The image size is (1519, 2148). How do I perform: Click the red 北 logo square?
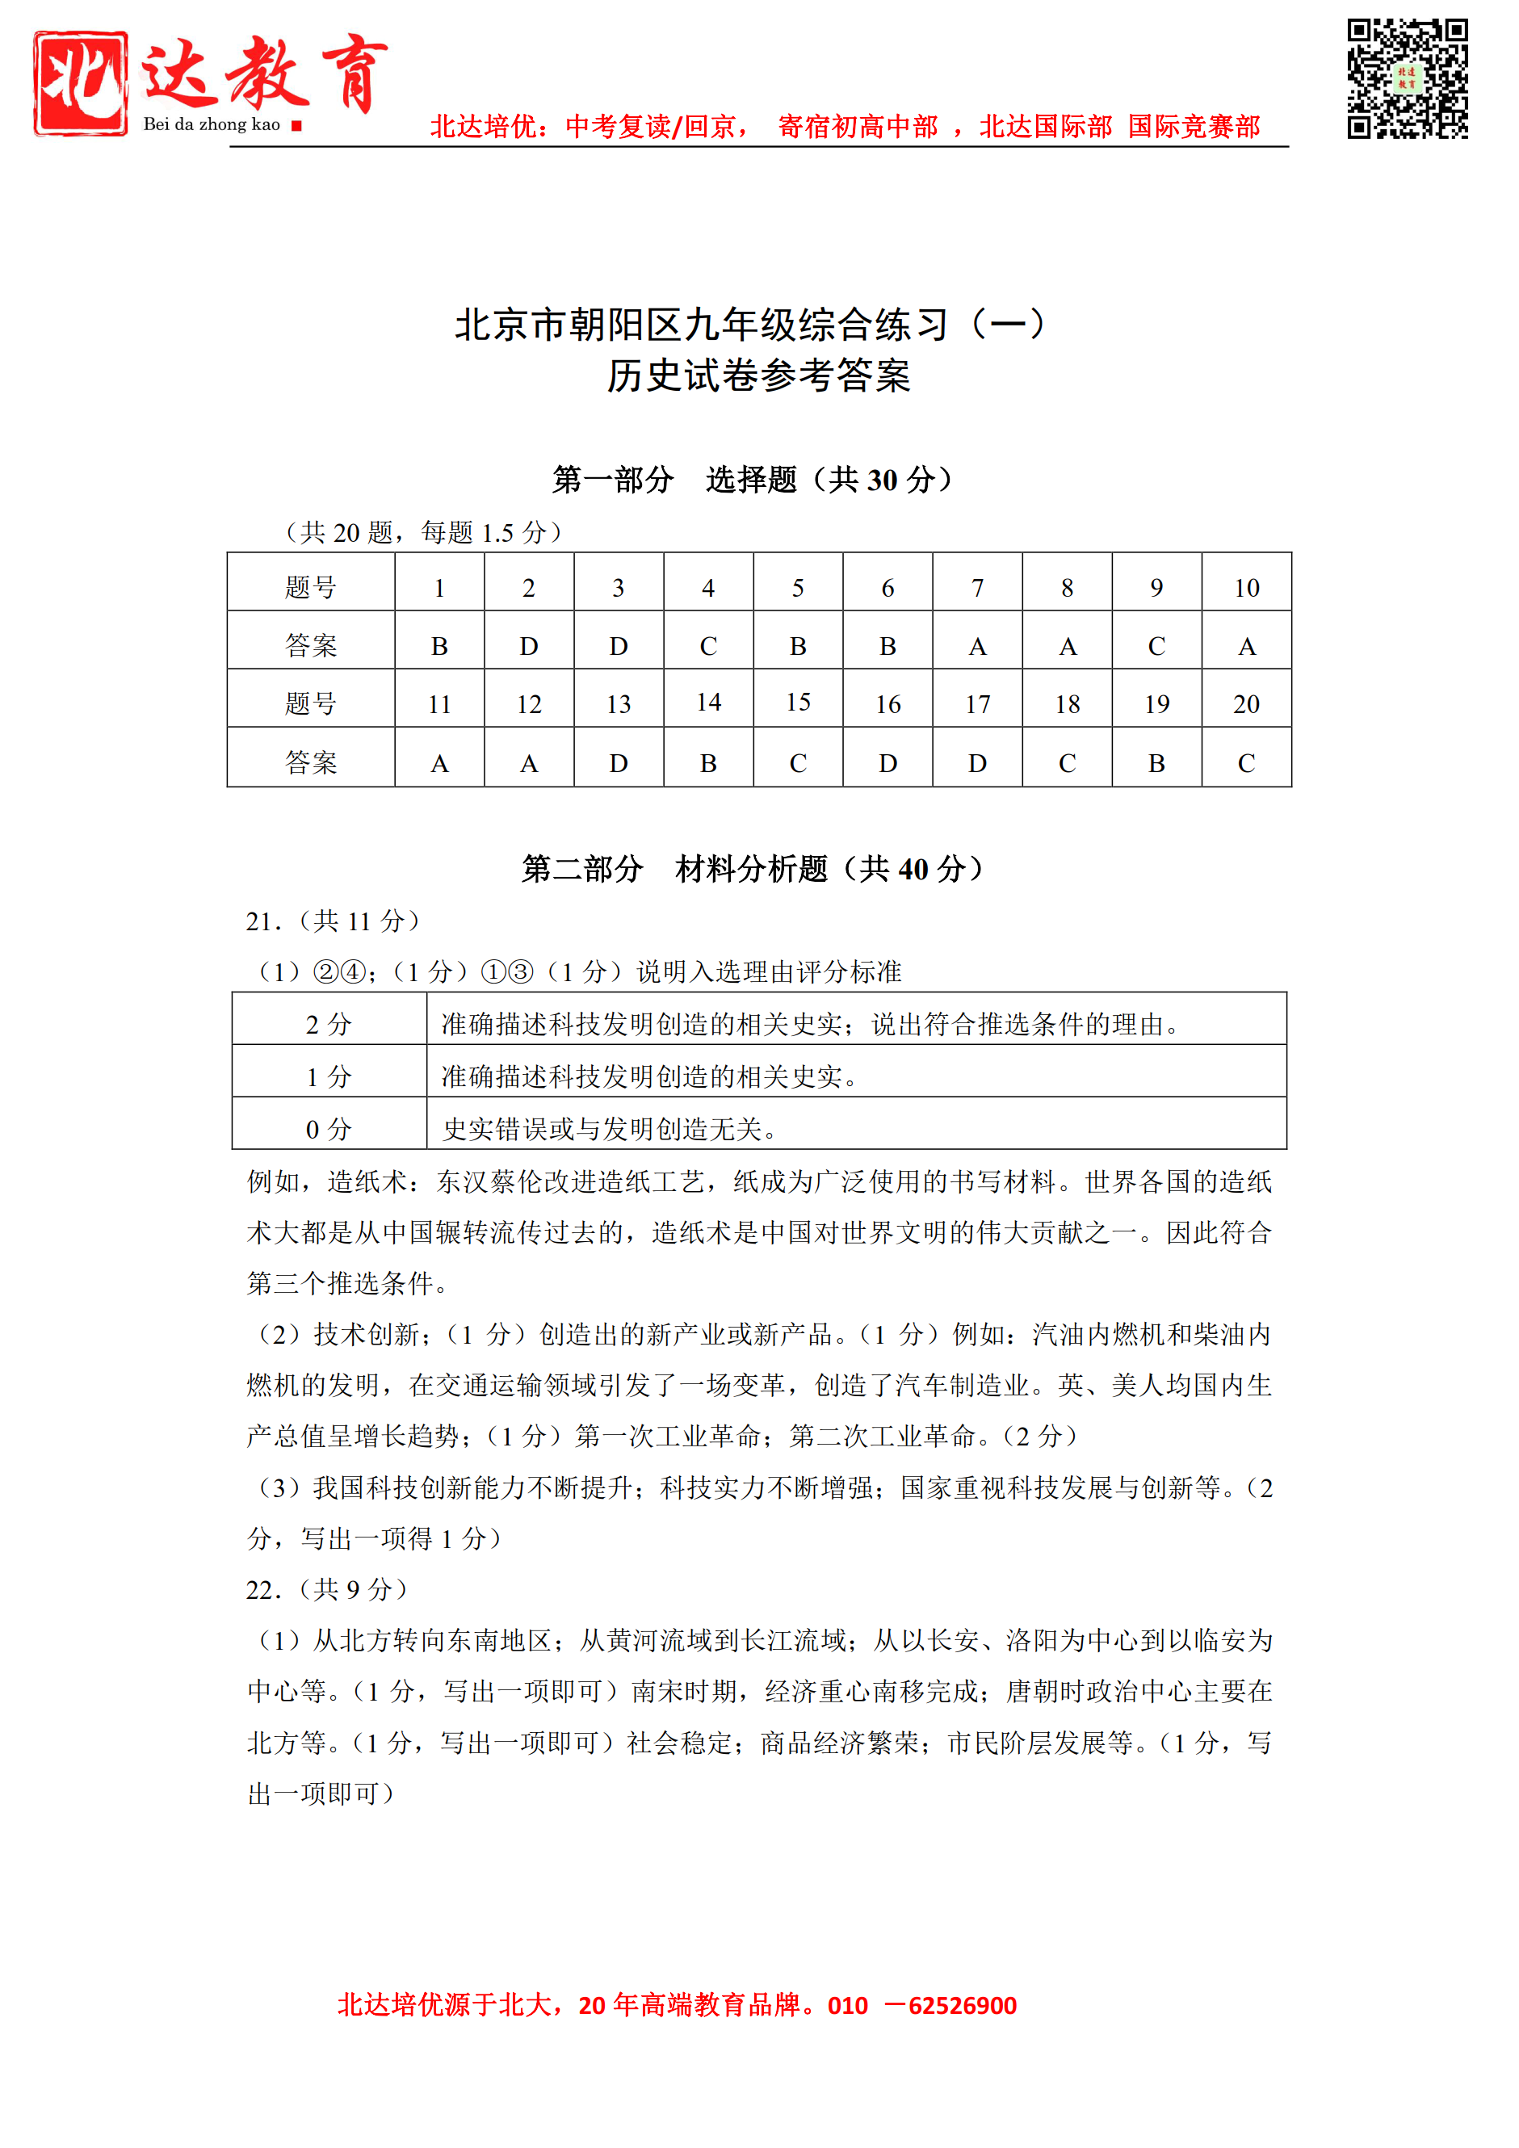click(x=81, y=83)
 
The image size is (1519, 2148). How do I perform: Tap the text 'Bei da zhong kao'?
click(x=212, y=124)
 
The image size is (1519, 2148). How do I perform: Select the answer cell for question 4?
click(x=708, y=645)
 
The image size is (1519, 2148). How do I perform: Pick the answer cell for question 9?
click(x=1156, y=645)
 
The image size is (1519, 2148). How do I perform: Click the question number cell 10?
click(x=1246, y=588)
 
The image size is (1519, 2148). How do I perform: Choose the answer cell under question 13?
click(x=619, y=762)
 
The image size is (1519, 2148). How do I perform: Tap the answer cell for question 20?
click(x=1246, y=762)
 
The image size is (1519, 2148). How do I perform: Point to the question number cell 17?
click(x=976, y=703)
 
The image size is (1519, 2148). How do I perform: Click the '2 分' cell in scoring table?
click(x=329, y=1023)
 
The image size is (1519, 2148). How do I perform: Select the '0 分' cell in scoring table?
click(x=329, y=1128)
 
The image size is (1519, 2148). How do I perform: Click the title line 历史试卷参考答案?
click(x=758, y=376)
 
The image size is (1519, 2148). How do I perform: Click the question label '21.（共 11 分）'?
click(x=333, y=921)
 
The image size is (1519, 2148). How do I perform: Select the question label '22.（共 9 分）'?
click(x=326, y=1588)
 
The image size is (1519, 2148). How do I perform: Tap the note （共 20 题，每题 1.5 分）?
click(x=423, y=532)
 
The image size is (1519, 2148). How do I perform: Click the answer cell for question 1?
click(x=438, y=645)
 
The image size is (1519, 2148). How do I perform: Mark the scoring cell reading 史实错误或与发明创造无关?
click(x=609, y=1129)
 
